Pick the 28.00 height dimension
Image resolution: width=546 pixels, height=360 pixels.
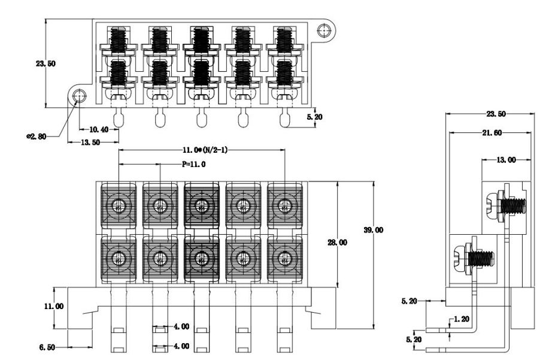pos(350,243)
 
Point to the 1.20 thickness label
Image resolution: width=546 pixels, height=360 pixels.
pos(461,320)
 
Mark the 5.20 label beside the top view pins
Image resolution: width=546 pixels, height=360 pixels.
pos(314,117)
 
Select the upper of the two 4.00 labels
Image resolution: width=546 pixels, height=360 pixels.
pos(181,328)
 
